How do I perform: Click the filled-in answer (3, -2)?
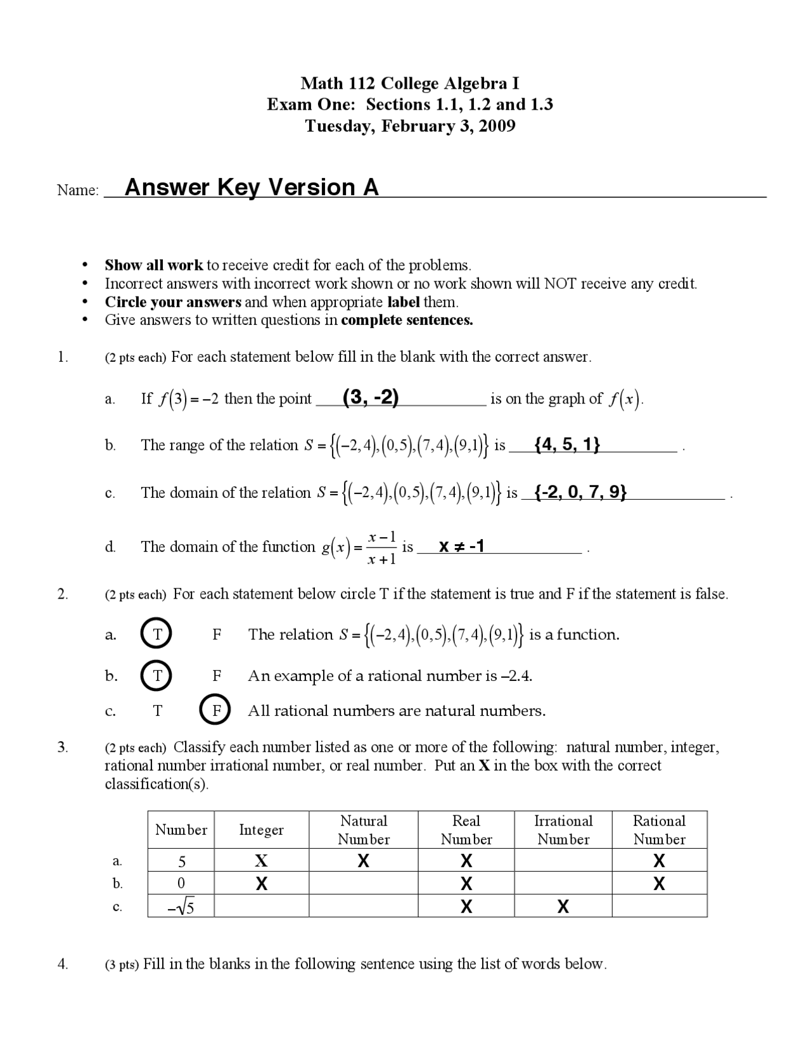[x=370, y=397]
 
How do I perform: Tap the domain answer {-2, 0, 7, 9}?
[x=580, y=492]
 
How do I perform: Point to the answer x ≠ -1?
[x=462, y=545]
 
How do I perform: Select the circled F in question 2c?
[x=215, y=710]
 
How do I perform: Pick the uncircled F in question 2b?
[x=216, y=675]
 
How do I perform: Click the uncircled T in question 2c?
[x=157, y=711]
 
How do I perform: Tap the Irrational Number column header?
[x=563, y=830]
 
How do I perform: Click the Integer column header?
[x=261, y=830]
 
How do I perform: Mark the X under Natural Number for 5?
[x=363, y=861]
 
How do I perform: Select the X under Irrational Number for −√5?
[x=563, y=907]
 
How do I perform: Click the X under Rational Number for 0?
[x=659, y=884]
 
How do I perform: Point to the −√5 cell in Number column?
[x=181, y=907]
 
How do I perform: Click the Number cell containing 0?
[x=181, y=883]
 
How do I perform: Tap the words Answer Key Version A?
[x=252, y=188]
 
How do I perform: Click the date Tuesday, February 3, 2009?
[x=410, y=125]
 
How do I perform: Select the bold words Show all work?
[x=153, y=265]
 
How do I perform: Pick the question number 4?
[x=62, y=963]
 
